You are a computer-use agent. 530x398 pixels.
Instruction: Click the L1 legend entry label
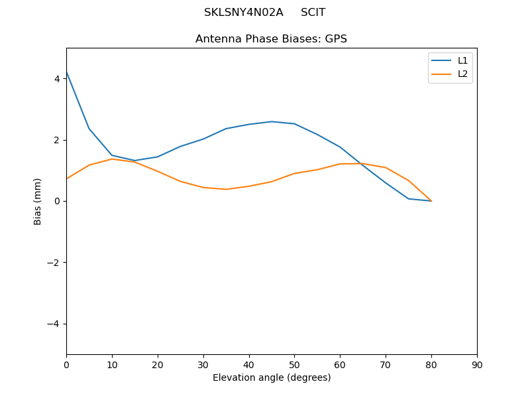pos(463,60)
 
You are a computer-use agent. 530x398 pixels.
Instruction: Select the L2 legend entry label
pos(463,74)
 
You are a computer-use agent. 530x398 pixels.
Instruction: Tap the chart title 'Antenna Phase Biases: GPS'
pos(271,39)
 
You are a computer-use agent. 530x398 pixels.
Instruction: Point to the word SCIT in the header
pos(313,13)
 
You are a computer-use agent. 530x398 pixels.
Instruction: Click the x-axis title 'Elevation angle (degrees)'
pos(272,378)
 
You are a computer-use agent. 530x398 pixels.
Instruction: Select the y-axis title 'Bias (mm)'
pos(38,201)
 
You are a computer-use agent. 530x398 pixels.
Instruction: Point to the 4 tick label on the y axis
pos(57,79)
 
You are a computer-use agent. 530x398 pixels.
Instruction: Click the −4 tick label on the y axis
pos(54,324)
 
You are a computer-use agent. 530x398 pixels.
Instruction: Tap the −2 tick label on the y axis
pos(54,263)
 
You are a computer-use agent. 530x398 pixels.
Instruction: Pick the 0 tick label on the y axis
pos(57,201)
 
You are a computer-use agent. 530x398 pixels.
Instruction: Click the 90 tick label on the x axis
pos(477,364)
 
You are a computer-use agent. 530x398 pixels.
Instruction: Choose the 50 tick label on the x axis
pos(294,364)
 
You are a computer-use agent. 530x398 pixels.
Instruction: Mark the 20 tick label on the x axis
pos(158,364)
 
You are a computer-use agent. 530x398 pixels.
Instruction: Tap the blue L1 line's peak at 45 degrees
pos(272,121)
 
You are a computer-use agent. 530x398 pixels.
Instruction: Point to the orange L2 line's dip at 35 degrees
pos(226,189)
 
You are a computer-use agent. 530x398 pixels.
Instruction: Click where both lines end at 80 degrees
pos(431,201)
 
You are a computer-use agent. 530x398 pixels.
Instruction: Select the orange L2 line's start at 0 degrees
pos(67,178)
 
